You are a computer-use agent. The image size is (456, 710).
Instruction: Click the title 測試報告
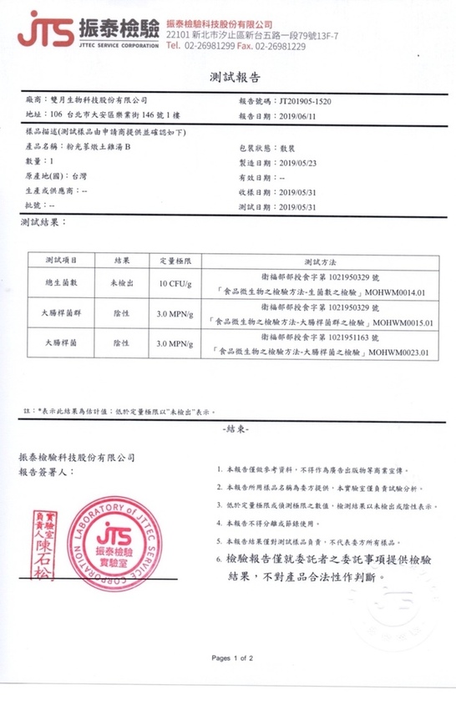(x=227, y=77)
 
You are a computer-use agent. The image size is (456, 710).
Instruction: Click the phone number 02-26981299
(x=209, y=47)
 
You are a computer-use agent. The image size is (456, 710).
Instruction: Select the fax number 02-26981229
(x=281, y=47)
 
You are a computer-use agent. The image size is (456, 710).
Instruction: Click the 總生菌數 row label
(x=62, y=283)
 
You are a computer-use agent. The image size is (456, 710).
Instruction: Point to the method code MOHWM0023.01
(x=405, y=353)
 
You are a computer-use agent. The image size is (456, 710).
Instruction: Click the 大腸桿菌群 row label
(x=62, y=313)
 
